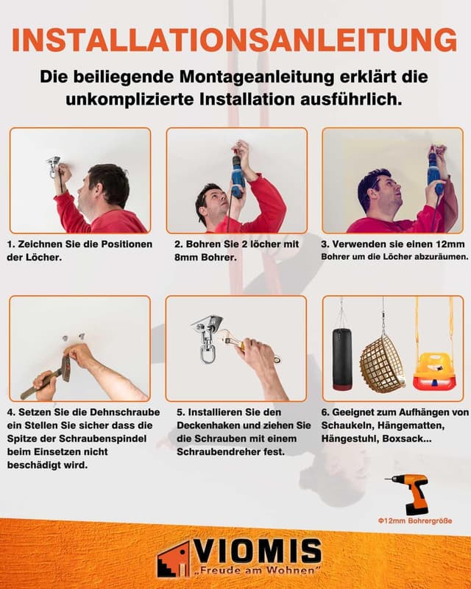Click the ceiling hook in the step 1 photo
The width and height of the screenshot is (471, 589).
[53, 164]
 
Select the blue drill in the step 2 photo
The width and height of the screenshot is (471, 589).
[237, 176]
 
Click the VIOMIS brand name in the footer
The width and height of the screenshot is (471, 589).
[258, 551]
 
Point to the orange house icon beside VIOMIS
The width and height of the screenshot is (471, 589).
[173, 559]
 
